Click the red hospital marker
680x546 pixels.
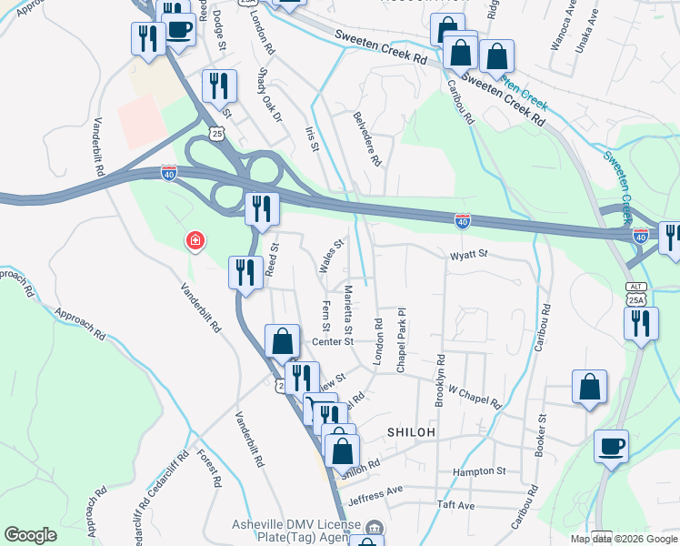coord(195,241)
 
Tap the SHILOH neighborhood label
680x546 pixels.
coord(412,431)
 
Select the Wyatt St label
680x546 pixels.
coord(469,256)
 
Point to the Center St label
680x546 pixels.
coord(332,342)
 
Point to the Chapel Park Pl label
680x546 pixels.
coord(400,339)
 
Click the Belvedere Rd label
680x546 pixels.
coord(366,137)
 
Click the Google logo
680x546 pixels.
coord(31,535)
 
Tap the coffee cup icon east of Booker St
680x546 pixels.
coord(611,446)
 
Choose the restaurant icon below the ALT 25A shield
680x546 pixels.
coord(642,323)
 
